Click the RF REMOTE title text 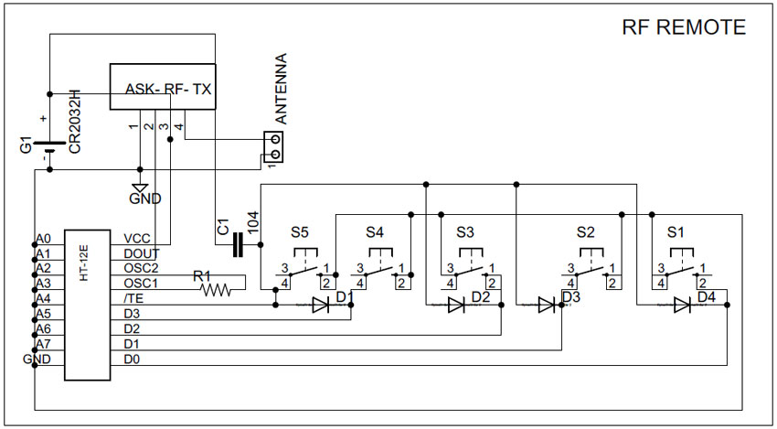click(x=684, y=27)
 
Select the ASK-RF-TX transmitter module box click(x=163, y=86)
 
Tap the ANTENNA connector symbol click(x=272, y=146)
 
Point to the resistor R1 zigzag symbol click(x=216, y=290)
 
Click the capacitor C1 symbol click(x=238, y=244)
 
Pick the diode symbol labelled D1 click(x=320, y=305)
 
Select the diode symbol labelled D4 click(x=682, y=305)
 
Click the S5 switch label click(x=299, y=232)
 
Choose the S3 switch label click(x=465, y=232)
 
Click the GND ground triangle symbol click(x=140, y=188)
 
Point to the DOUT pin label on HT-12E click(x=142, y=254)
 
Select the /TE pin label click(x=133, y=299)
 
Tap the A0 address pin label click(x=43, y=239)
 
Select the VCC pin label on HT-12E click(x=137, y=239)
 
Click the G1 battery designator click(x=27, y=145)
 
